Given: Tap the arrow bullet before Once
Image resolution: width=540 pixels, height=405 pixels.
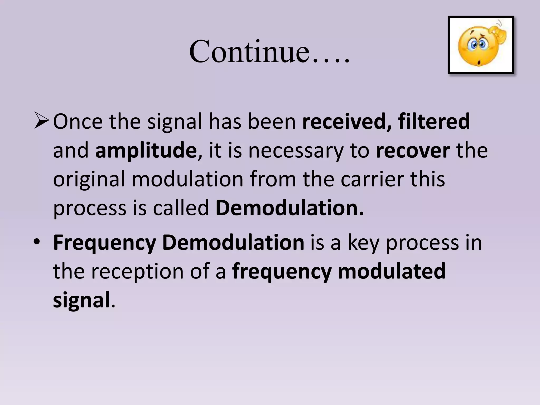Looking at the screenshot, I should [x=42, y=121].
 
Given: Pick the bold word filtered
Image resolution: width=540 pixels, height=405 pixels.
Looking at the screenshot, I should [x=434, y=121].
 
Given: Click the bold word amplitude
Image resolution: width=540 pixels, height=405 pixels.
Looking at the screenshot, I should [x=146, y=150].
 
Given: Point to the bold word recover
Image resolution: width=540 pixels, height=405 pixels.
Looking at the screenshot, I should [x=413, y=150].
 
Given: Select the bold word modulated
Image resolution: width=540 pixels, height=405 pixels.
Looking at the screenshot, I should [x=392, y=271].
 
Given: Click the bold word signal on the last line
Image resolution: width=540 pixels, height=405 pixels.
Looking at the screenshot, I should [x=81, y=300].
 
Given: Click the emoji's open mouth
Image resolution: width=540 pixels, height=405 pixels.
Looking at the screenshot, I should [x=479, y=63].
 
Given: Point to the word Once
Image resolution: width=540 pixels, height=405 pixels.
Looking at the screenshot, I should [x=78, y=121].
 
